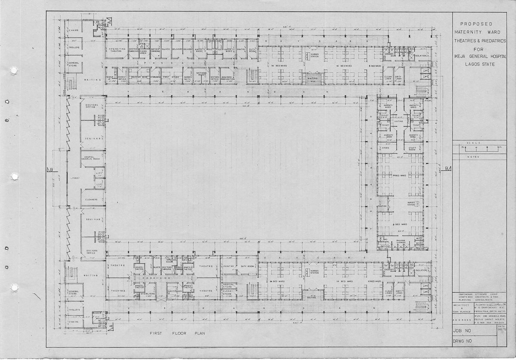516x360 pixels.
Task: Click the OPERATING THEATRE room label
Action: tap(117, 50)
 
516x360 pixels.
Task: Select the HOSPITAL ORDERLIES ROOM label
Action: tap(91, 158)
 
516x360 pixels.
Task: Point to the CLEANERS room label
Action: tap(91, 199)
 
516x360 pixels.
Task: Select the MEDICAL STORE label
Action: tap(228, 286)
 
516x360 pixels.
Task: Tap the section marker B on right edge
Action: tap(447, 168)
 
